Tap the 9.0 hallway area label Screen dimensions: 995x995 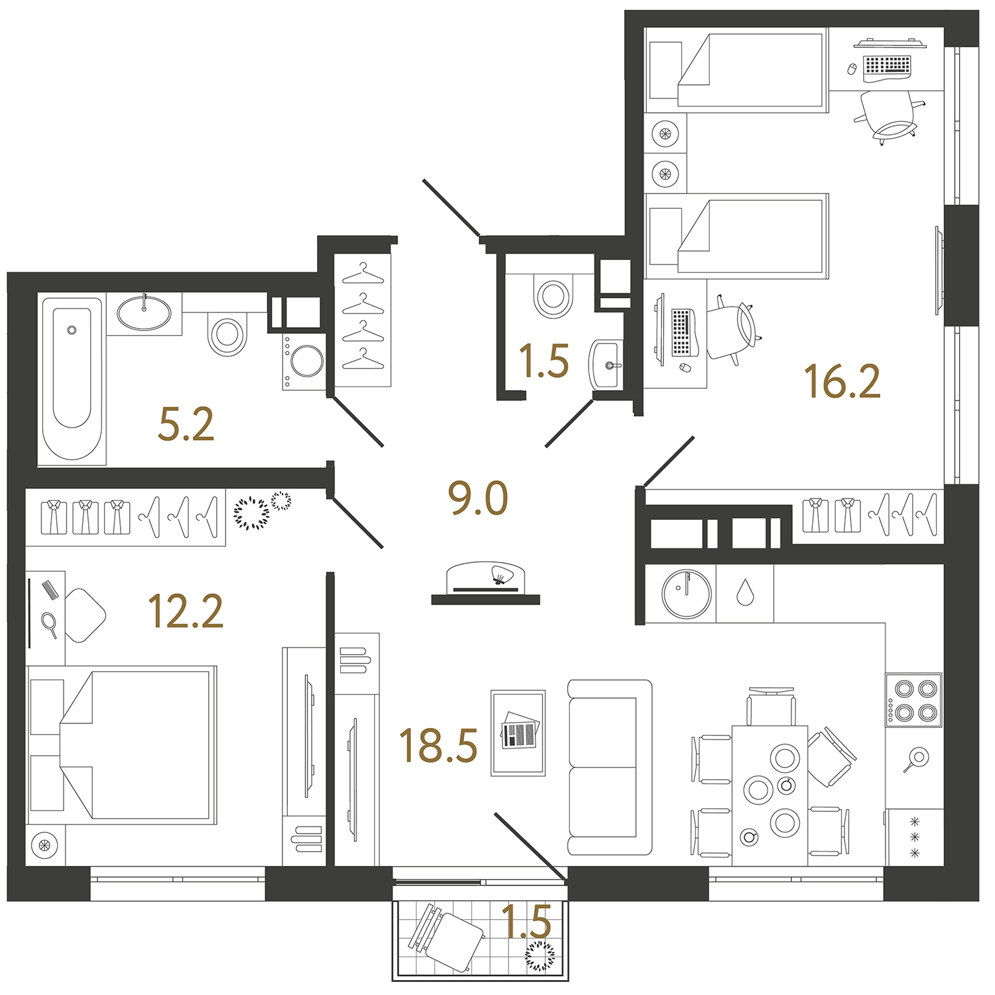[x=478, y=498]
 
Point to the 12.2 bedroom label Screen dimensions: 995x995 [x=185, y=611]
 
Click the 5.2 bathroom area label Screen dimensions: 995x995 [x=186, y=425]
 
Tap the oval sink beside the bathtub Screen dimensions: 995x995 [x=144, y=312]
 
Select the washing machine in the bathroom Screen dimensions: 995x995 [x=304, y=362]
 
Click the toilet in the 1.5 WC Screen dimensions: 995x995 [x=553, y=296]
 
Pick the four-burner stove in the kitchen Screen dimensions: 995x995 [x=914, y=699]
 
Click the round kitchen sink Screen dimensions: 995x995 [x=686, y=594]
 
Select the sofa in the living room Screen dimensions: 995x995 [x=609, y=767]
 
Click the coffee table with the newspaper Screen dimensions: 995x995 [x=518, y=732]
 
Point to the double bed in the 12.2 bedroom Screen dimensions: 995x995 [x=122, y=745]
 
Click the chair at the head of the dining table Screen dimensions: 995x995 [x=770, y=707]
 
